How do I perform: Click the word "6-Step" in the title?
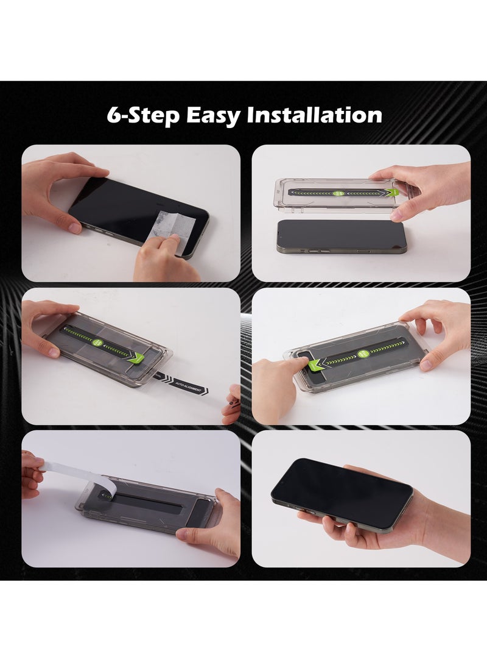tap(142, 115)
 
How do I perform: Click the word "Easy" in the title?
tap(213, 115)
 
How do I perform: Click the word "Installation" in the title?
tap(314, 115)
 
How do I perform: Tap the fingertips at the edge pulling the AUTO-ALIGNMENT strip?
tap(232, 403)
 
